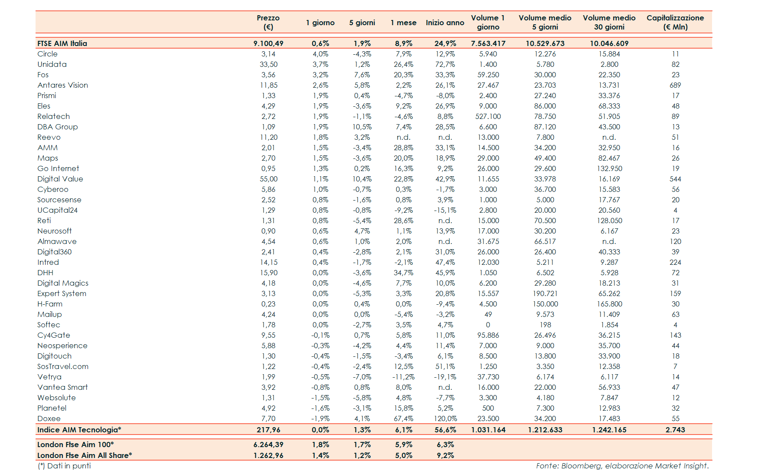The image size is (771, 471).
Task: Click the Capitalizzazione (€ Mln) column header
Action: pos(675,22)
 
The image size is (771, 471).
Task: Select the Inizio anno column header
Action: pos(445,23)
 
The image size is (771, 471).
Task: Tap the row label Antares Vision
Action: pos(62,85)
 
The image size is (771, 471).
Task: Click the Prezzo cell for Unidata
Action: pos(268,64)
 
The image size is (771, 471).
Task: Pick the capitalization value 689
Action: pos(675,85)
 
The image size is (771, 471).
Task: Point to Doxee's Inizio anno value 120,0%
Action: pos(445,418)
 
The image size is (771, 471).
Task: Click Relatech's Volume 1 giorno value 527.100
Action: pos(488,116)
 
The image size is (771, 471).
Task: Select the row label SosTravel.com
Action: pos(62,366)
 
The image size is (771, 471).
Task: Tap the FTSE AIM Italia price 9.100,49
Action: pos(268,43)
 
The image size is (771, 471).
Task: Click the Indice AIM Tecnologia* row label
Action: pos(79,430)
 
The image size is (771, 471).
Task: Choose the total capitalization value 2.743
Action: pos(675,430)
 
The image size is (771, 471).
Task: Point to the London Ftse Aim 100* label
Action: pos(75,445)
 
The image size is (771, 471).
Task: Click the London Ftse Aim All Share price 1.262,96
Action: pos(268,455)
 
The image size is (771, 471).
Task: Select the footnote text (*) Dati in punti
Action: pos(64,466)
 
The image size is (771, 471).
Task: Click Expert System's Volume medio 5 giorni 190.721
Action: pos(545,293)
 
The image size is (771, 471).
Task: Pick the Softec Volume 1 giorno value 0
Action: pos(488,325)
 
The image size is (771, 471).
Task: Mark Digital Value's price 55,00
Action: pos(268,179)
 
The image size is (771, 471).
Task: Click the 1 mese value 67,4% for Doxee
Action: pos(403,418)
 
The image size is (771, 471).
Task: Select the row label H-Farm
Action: pos(50,304)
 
